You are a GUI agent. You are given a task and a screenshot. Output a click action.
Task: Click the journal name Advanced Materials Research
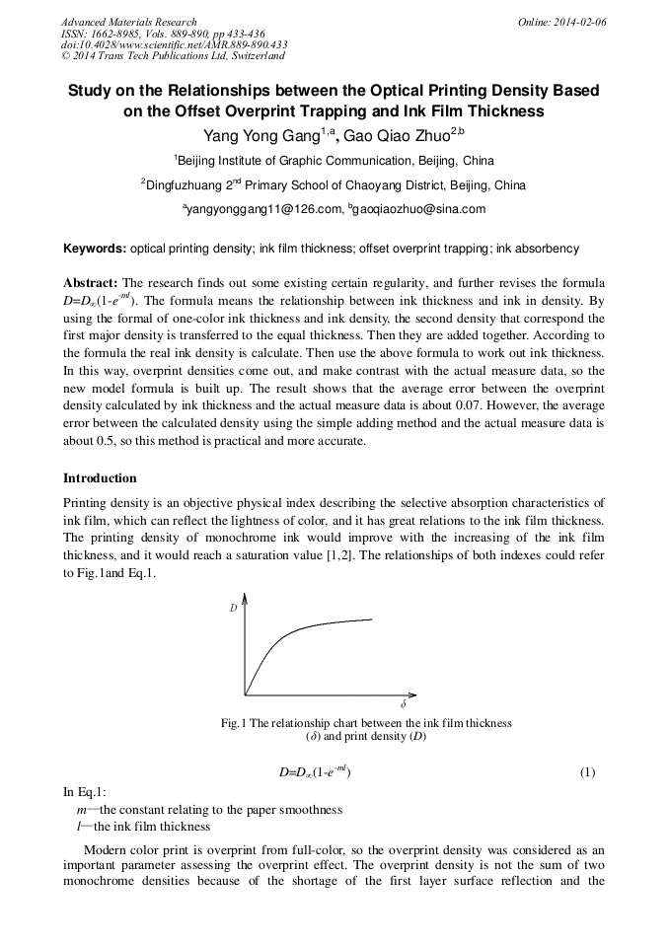pos(128,22)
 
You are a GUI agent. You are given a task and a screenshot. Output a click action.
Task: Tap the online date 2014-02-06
pos(575,22)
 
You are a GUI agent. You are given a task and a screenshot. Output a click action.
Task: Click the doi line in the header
pos(174,44)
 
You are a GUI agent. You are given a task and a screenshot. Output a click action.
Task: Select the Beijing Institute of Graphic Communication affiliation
pos(334,161)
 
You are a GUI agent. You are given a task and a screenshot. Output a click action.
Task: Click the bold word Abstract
pos(91,282)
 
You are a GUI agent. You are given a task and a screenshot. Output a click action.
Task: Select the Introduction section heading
pos(100,478)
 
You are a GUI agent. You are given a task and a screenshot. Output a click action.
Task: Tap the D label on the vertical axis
pos(234,609)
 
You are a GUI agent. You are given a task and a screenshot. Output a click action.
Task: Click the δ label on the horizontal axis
pos(403,706)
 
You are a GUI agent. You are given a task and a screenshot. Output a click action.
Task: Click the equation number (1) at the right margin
pos(587,772)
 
